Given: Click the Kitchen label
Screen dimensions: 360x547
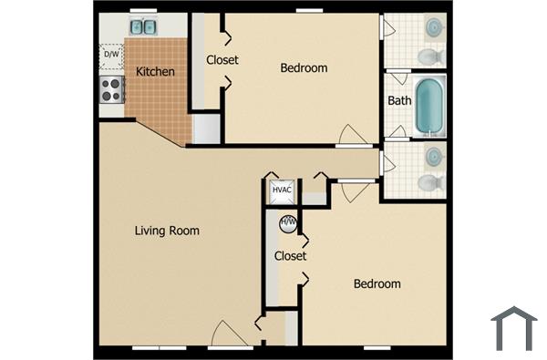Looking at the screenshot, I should (156, 71).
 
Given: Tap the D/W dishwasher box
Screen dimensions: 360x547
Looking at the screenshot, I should (111, 55).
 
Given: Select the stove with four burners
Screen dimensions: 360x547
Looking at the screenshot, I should (111, 89).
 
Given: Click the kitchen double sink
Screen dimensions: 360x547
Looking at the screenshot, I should (143, 26).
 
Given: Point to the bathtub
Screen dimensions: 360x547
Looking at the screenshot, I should (428, 106).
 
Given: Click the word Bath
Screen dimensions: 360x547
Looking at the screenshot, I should (399, 100).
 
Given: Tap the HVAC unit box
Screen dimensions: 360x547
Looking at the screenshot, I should (282, 190).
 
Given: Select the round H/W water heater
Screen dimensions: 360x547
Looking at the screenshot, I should (288, 221).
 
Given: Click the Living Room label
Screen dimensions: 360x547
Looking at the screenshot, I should (167, 231).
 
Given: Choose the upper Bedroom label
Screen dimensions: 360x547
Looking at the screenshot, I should (304, 67).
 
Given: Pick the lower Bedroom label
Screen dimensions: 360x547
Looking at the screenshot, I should (377, 283).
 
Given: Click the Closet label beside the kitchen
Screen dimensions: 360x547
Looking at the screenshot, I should (222, 60).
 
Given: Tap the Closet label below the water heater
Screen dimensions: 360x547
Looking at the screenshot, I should (291, 256).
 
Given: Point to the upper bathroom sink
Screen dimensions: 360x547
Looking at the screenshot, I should (435, 28).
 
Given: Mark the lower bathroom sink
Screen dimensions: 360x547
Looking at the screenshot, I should (435, 155).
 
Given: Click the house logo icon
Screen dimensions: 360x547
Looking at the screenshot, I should (513, 329).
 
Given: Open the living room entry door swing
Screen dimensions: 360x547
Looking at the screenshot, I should (228, 334).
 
